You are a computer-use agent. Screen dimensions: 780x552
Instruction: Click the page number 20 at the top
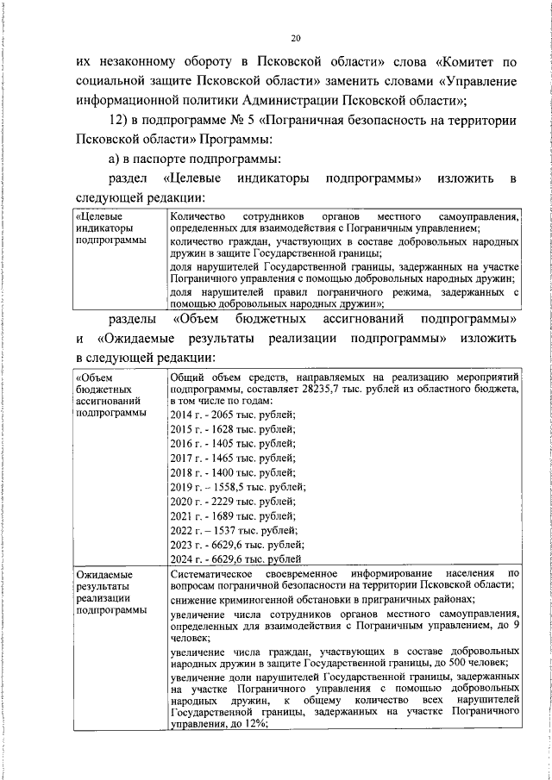[296, 39]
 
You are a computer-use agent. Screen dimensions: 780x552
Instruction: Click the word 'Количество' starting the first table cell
[198, 215]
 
